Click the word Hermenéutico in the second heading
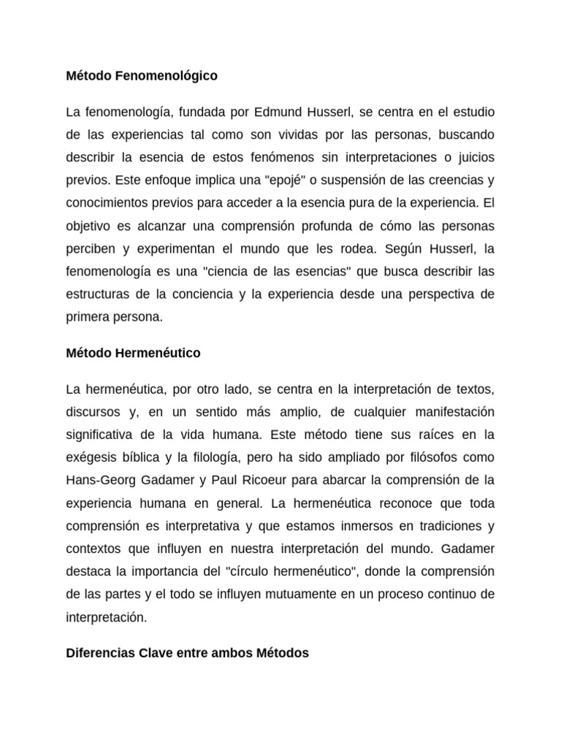158,353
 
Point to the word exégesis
91,458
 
